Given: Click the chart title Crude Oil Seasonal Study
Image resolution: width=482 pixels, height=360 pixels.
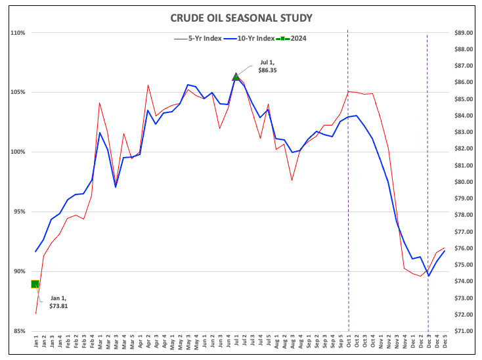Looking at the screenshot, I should point(242,18).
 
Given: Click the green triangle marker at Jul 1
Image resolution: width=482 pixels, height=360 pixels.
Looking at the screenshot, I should point(236,77).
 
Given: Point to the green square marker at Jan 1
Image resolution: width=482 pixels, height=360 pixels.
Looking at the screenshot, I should point(35,284).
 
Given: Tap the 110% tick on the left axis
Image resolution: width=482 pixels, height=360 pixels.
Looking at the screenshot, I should point(17,32).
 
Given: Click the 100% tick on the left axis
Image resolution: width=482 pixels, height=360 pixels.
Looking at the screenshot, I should point(17,152).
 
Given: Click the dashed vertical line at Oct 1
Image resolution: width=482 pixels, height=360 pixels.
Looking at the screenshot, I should point(348,197).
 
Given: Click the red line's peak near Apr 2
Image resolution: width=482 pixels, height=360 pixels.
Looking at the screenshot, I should point(148,85).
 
